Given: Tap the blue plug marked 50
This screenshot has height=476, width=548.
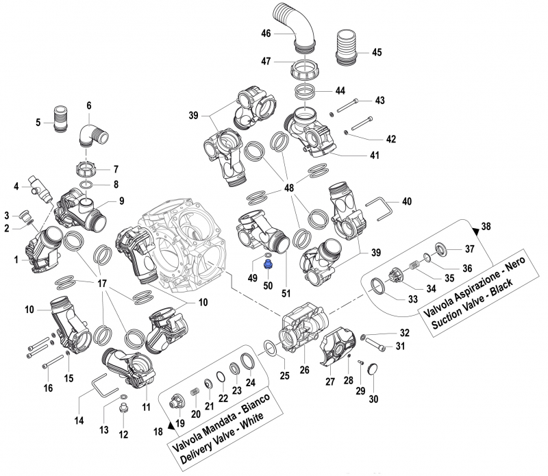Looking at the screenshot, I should pyautogui.click(x=267, y=263).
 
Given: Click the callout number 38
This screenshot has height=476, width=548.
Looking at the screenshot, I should pyautogui.click(x=486, y=226).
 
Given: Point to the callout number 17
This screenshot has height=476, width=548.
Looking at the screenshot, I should pyautogui.click(x=102, y=283).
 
